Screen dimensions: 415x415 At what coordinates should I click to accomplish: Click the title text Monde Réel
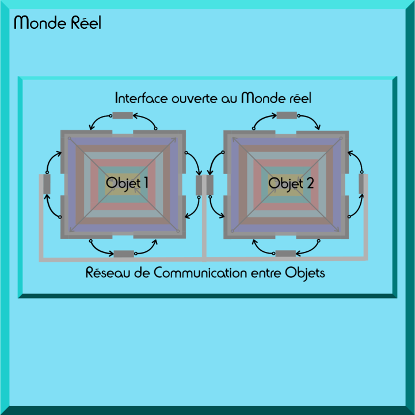(x=58, y=23)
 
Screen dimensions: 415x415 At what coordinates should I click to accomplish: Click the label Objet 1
(x=127, y=183)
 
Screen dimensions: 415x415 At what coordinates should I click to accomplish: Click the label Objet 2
(x=291, y=183)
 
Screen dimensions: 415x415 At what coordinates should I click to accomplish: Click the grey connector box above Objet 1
(x=122, y=115)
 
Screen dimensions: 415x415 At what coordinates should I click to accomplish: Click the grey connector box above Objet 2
(x=287, y=115)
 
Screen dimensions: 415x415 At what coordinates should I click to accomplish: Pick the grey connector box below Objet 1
(x=123, y=254)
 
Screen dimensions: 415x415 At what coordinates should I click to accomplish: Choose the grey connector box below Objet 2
(x=285, y=254)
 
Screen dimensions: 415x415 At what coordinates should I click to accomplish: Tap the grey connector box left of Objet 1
(x=47, y=184)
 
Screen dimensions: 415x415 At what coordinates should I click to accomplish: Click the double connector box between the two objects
(x=204, y=185)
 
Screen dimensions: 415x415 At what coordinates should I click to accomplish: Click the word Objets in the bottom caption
(x=305, y=273)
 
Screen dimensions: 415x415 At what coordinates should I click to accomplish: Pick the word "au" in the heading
(x=229, y=98)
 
